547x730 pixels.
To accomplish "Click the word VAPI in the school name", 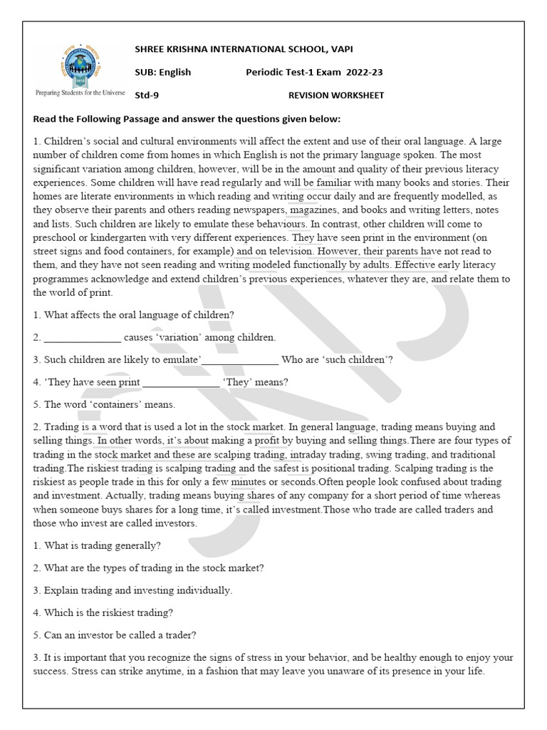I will coord(338,48).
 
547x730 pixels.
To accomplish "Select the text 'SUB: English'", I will coord(163,72).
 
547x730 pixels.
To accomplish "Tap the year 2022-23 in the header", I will coord(367,72).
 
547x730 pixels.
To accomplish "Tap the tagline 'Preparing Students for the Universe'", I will coord(80,93).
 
